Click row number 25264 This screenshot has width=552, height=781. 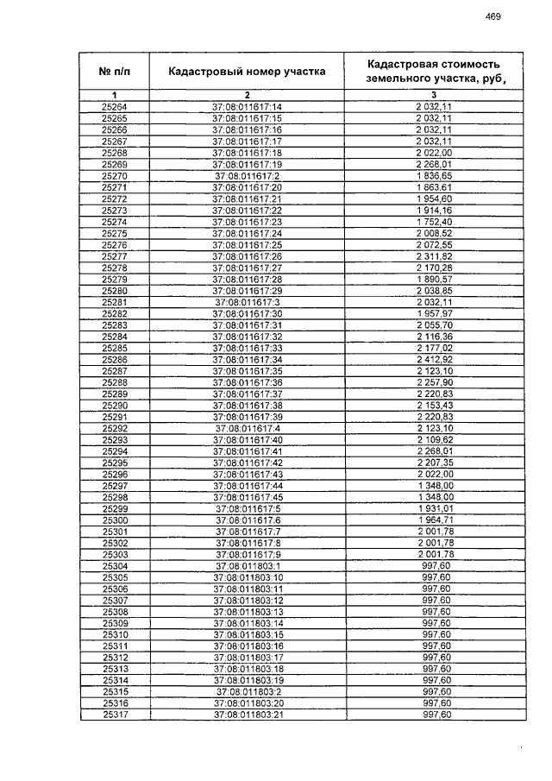tap(114, 107)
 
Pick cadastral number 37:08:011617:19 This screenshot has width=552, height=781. tap(248, 164)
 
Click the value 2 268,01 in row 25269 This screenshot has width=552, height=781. tap(434, 164)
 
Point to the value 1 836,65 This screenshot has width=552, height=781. tap(434, 176)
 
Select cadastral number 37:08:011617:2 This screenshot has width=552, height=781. tap(248, 176)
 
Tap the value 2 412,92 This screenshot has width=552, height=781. tap(434, 359)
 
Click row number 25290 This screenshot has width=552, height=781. tap(114, 405)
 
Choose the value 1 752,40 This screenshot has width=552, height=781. tap(434, 222)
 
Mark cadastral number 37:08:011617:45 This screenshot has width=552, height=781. tap(248, 497)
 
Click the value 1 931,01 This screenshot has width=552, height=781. tap(434, 508)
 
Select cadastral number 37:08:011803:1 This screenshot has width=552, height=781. tap(248, 565)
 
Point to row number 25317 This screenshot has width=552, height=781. tap(114, 715)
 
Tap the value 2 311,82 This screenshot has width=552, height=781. tap(434, 256)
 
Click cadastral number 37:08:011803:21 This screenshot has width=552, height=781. tap(248, 715)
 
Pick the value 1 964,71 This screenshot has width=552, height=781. tap(434, 520)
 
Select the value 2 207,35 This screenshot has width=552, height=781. tap(434, 463)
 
